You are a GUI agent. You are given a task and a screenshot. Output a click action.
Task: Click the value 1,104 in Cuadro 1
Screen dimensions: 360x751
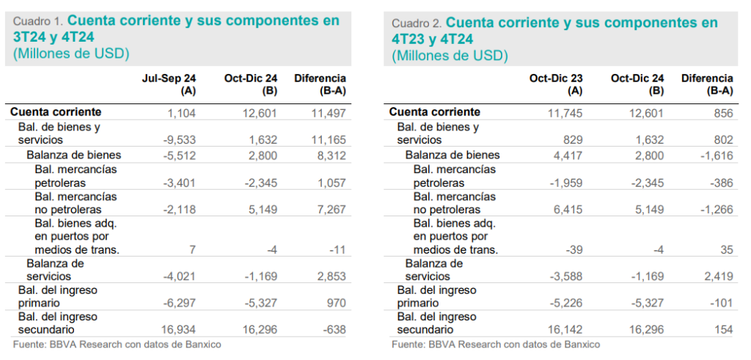(x=183, y=112)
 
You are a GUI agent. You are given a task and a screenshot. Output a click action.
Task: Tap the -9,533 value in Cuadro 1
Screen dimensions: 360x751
(x=180, y=140)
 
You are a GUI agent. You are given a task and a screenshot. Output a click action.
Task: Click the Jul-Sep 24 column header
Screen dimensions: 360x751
(x=170, y=78)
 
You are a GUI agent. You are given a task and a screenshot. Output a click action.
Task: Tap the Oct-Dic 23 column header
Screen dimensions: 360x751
(x=556, y=78)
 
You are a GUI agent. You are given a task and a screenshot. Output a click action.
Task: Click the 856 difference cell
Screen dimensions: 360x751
(x=722, y=112)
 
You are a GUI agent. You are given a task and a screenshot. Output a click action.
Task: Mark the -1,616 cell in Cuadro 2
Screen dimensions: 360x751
(x=717, y=155)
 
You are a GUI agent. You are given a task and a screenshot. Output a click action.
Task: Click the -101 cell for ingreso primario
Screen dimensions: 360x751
(x=721, y=304)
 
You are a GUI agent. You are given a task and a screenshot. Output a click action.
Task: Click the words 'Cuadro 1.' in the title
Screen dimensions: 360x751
(x=39, y=21)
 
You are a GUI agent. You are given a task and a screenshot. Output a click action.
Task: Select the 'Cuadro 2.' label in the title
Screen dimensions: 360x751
(x=417, y=23)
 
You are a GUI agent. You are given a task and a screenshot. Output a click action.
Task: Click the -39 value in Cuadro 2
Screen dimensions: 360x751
(x=574, y=249)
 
